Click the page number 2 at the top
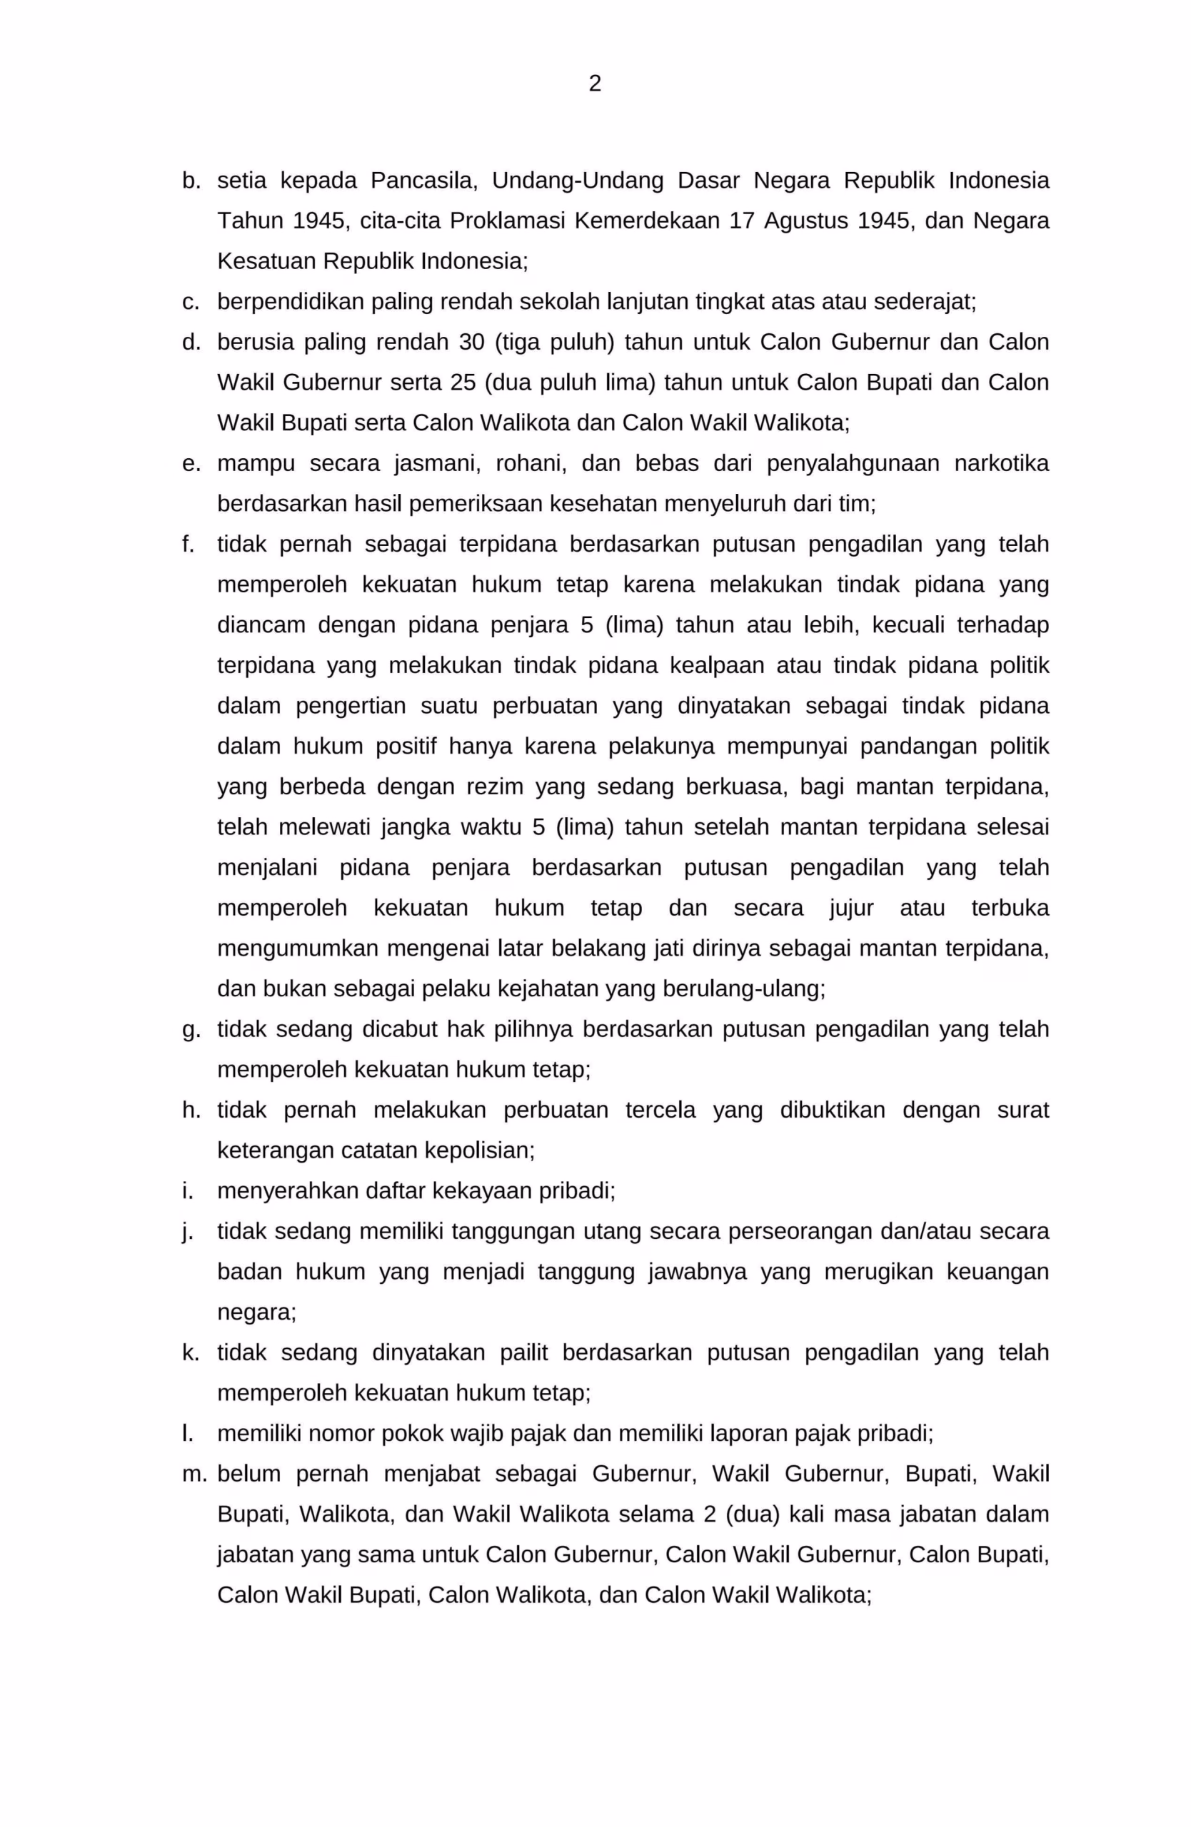(x=594, y=83)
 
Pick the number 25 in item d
(x=463, y=383)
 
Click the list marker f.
(x=187, y=545)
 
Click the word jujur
(x=851, y=908)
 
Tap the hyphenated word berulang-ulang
(x=715, y=988)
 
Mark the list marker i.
(x=186, y=1190)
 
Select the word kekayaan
(x=482, y=1190)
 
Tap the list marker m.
(x=194, y=1474)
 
